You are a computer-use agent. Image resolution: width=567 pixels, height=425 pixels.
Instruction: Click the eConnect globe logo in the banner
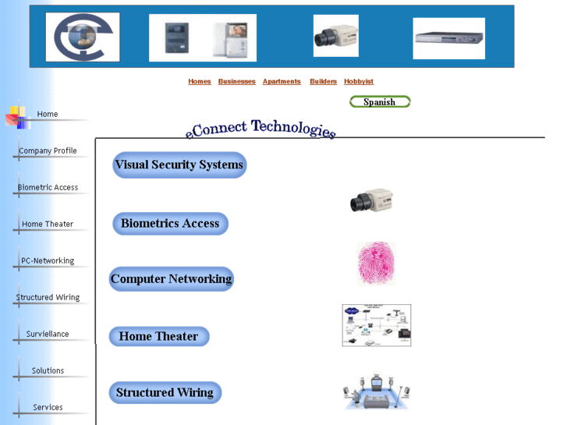tap(83, 37)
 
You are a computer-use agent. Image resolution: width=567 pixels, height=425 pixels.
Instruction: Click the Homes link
tap(200, 82)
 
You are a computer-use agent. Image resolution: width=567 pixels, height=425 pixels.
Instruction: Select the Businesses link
tap(236, 82)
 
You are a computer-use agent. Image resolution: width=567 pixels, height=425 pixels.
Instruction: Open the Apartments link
tap(282, 82)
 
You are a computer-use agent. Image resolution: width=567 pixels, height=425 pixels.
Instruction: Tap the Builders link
tap(323, 82)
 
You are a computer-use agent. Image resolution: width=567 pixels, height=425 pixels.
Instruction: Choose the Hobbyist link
tap(359, 82)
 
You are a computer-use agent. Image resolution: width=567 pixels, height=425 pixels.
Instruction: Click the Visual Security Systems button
tap(179, 165)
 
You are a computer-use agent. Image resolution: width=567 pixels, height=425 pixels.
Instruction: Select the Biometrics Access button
tap(170, 224)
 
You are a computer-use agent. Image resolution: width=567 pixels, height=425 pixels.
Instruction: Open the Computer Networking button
tap(171, 279)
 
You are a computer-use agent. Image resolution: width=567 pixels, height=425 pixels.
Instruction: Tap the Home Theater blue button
tap(158, 337)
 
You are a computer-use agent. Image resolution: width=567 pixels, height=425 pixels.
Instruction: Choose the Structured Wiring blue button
tap(165, 393)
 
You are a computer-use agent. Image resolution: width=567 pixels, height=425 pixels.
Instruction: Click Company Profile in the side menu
tap(48, 151)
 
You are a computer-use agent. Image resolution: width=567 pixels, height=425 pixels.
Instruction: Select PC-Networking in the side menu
tap(48, 260)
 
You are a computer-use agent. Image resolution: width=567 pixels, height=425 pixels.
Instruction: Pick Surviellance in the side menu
tap(48, 334)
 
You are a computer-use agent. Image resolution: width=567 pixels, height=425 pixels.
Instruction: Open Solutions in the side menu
tap(48, 370)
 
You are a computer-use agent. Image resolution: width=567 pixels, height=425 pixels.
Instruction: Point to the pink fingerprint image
tap(376, 263)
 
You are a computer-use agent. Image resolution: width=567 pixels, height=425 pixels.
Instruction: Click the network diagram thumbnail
tap(376, 325)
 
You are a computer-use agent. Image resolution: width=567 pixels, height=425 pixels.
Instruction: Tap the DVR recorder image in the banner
tap(448, 38)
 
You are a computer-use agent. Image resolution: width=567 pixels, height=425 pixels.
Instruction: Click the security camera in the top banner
tap(335, 37)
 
